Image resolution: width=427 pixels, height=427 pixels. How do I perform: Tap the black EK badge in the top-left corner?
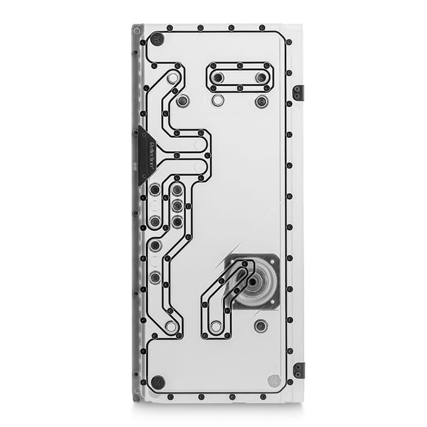(x=157, y=38)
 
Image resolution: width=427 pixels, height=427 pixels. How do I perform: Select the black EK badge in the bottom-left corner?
(x=158, y=382)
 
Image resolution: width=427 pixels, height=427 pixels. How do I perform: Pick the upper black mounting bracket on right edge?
(x=298, y=93)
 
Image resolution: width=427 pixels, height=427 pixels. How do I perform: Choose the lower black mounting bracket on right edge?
(x=298, y=370)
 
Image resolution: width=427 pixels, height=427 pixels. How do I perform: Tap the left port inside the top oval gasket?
(x=218, y=77)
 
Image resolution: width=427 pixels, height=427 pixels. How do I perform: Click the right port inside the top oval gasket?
(x=261, y=77)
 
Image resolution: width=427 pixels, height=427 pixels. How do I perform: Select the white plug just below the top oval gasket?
(x=218, y=100)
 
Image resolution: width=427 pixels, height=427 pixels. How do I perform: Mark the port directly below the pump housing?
(x=261, y=326)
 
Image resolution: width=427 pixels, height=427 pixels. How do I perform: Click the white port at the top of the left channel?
(x=173, y=78)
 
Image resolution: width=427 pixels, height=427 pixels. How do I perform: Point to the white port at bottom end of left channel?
(x=171, y=327)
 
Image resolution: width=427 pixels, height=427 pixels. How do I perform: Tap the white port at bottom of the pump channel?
(x=216, y=327)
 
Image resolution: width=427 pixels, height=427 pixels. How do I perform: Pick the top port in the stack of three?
(x=177, y=190)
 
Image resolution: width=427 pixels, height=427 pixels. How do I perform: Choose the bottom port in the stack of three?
(x=177, y=221)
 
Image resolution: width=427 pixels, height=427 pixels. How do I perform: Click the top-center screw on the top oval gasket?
(x=240, y=65)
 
